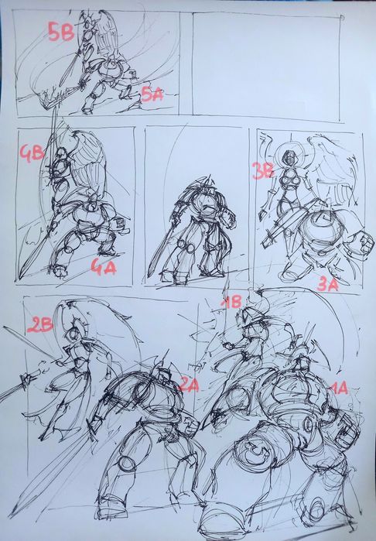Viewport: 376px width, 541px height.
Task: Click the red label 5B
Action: tap(61, 32)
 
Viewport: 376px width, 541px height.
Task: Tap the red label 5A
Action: tap(152, 94)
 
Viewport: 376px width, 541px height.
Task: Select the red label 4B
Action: tap(32, 153)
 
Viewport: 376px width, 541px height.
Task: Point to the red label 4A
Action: tap(104, 267)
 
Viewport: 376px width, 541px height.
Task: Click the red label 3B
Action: tap(263, 171)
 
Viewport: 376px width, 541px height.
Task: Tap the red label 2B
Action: tap(40, 324)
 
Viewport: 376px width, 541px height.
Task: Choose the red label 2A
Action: tap(189, 385)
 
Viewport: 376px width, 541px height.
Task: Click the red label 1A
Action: tap(338, 389)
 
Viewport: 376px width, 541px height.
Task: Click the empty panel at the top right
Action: tap(266, 65)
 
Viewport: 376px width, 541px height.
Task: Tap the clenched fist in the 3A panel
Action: tap(362, 242)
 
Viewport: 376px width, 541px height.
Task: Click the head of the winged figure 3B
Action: tap(289, 159)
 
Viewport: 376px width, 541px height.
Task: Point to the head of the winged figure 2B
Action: tap(73, 334)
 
